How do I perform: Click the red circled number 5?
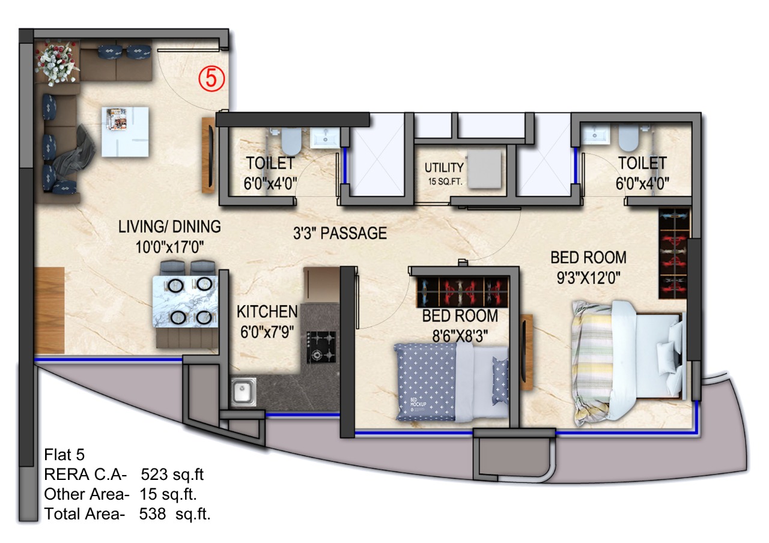(212, 79)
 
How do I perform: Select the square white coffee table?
(126, 132)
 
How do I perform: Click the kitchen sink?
(243, 392)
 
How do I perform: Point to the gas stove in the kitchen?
(321, 347)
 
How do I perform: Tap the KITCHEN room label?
(267, 312)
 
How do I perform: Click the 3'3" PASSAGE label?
(340, 234)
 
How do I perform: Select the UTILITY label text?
(444, 168)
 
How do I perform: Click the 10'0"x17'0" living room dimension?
(169, 247)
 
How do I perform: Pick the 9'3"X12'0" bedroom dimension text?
(588, 278)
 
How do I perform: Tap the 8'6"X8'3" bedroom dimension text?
(460, 336)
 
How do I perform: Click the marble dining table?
(185, 301)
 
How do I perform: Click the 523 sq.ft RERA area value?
(172, 475)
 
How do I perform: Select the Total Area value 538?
(153, 514)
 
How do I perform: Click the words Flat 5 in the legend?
(64, 455)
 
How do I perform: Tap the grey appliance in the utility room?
(484, 169)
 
